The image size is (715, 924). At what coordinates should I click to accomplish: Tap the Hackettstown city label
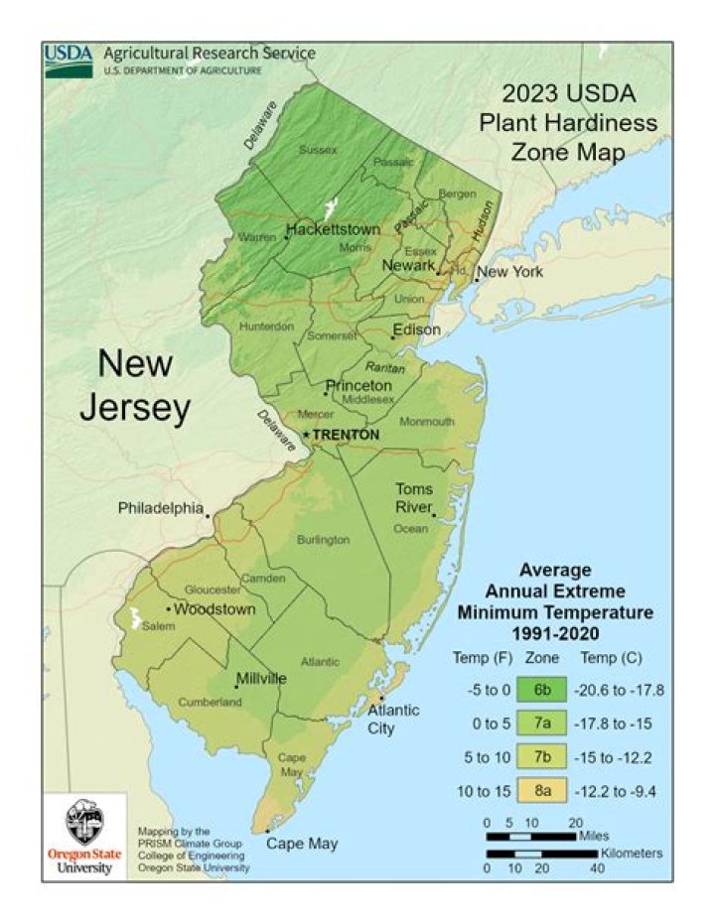333,229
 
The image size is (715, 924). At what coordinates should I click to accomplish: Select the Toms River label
414,497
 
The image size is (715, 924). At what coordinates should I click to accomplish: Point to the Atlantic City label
393,719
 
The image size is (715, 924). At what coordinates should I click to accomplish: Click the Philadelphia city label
161,507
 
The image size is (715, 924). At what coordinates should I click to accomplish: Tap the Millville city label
261,679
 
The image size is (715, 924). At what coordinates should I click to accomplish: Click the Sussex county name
319,150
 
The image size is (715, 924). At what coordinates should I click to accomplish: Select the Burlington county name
323,540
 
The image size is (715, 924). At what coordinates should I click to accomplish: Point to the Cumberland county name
210,702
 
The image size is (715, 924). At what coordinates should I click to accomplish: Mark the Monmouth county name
426,422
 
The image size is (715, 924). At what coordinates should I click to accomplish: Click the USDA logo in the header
69,61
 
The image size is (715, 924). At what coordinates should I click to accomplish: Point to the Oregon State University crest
83,821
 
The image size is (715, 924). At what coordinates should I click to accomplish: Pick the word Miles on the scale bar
594,836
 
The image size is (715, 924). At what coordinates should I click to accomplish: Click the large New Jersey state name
135,385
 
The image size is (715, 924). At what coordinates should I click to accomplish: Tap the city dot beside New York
476,281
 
